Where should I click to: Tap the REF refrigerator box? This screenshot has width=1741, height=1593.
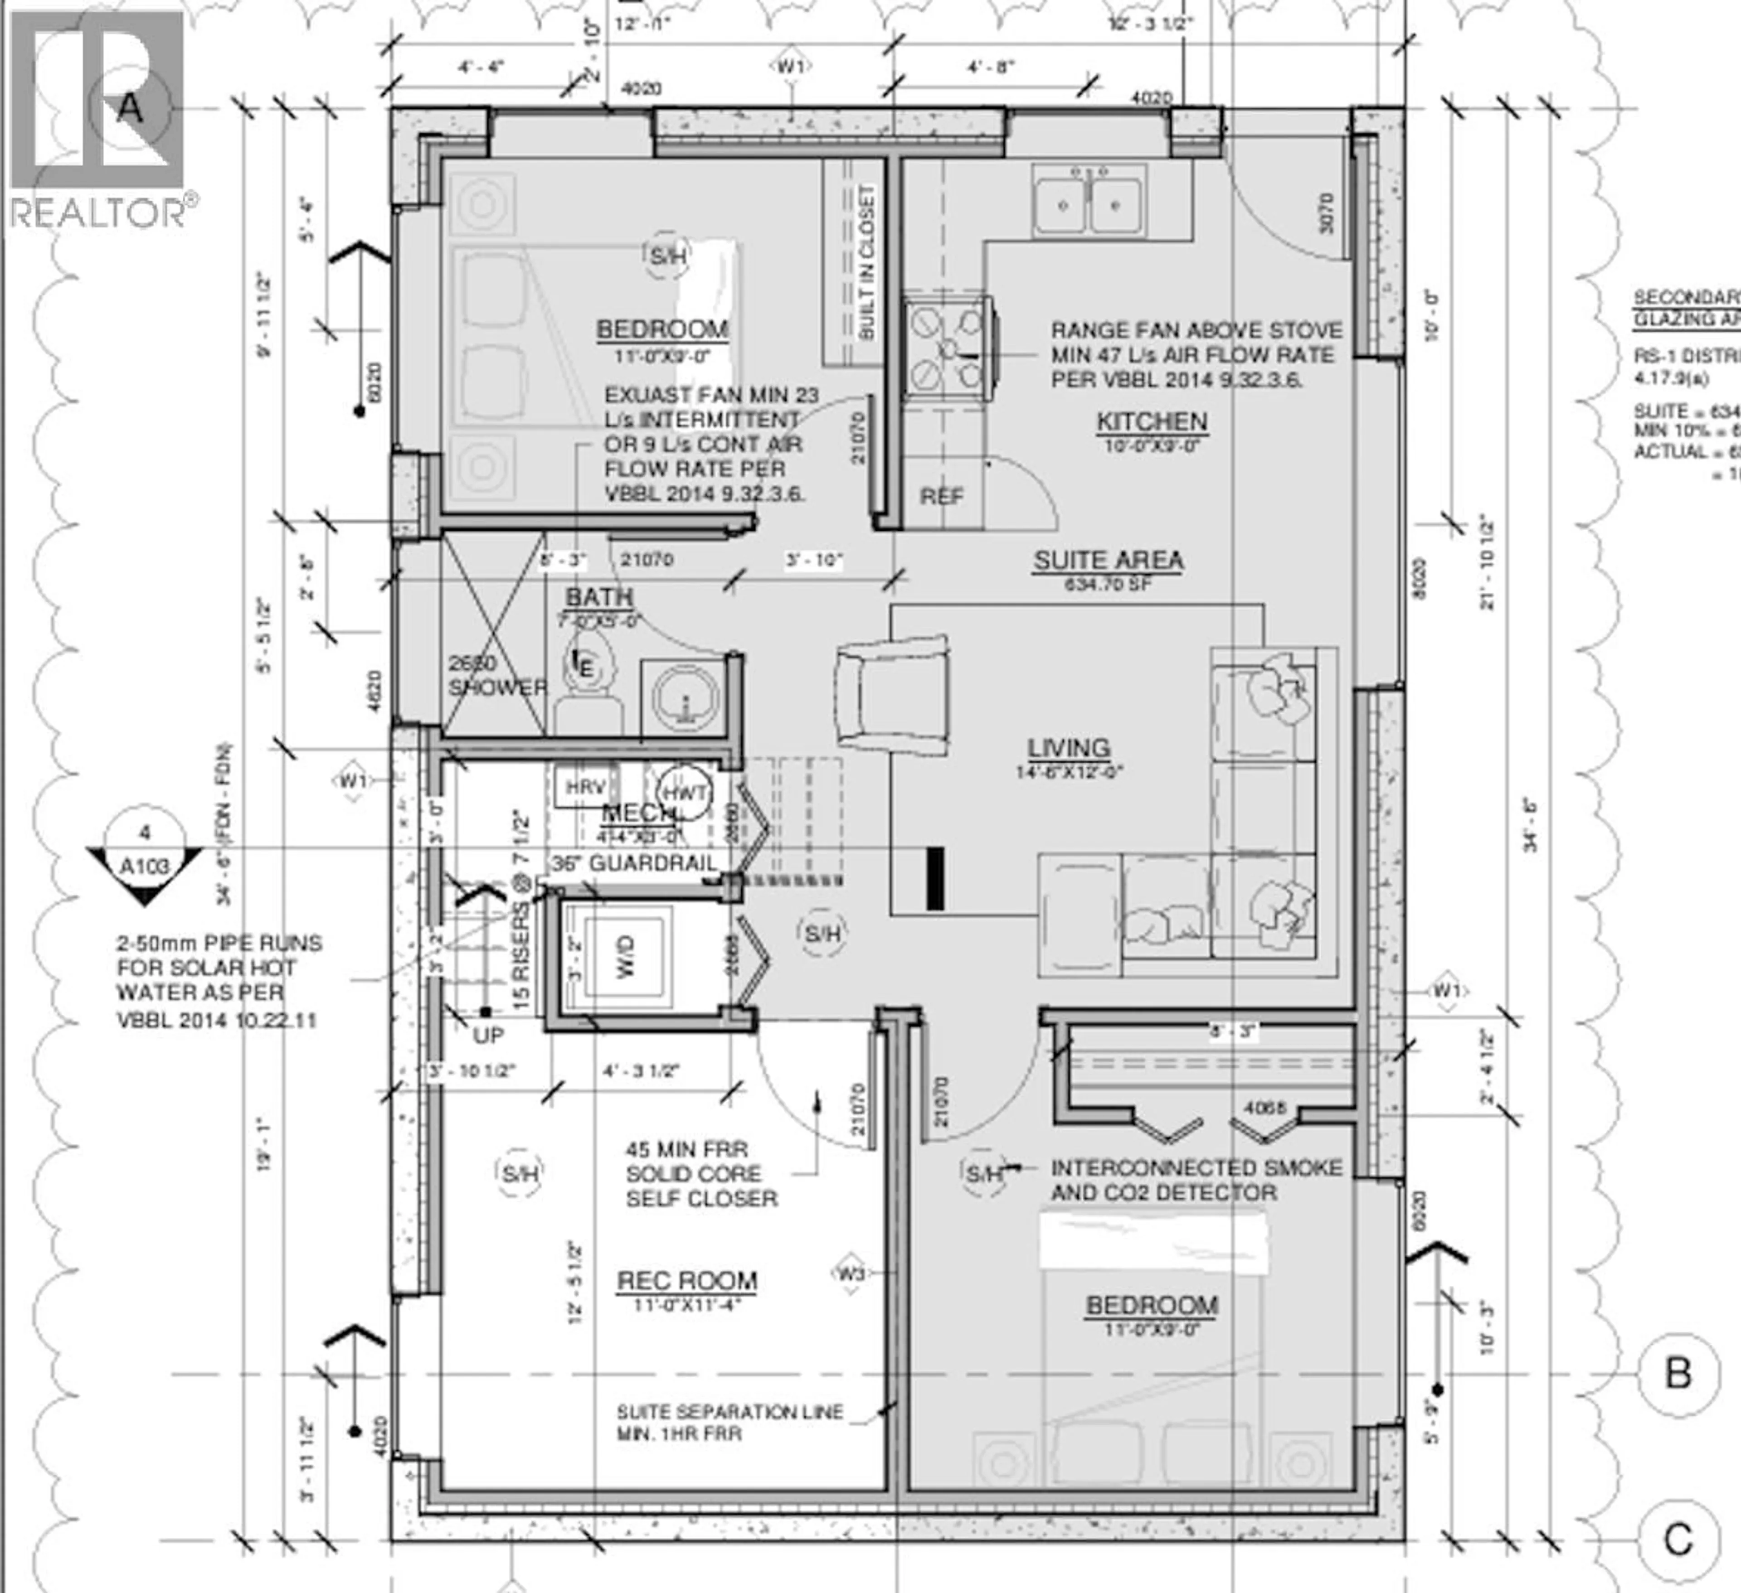pos(941,496)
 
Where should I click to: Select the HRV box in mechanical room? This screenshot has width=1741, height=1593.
pos(585,787)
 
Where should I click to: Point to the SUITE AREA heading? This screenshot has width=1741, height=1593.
pos(1108,560)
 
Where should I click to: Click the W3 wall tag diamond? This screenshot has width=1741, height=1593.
pos(850,1273)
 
